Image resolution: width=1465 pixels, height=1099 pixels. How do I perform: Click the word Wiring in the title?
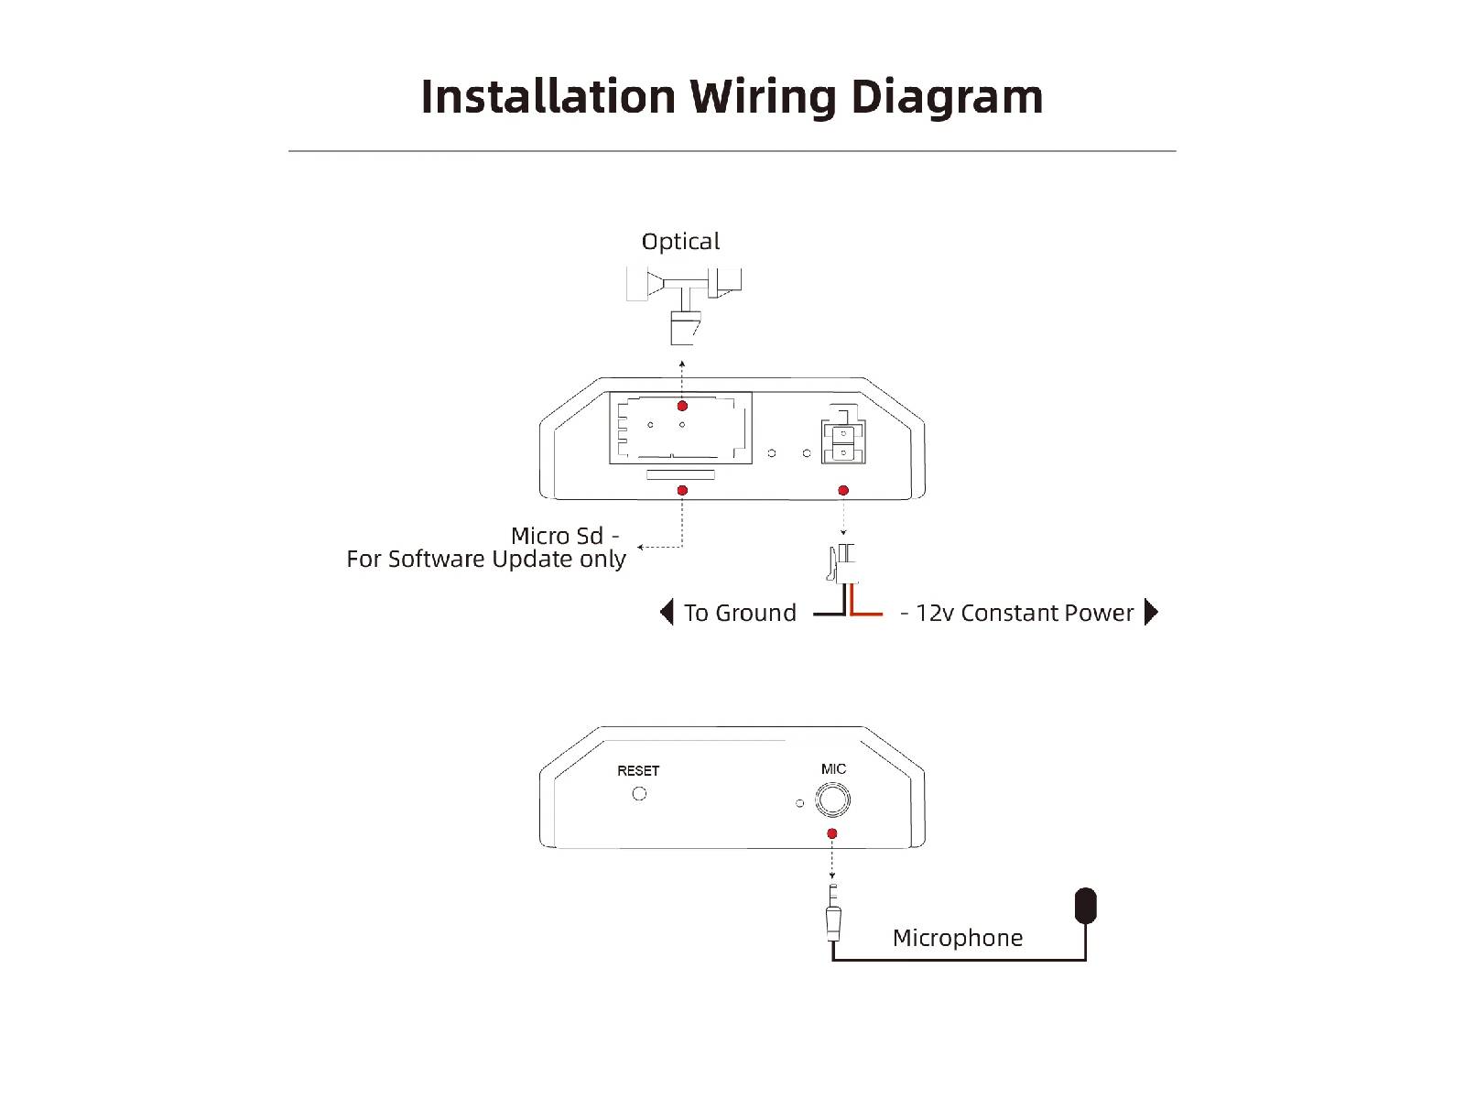tap(763, 98)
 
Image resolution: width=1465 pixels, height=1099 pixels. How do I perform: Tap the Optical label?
tap(680, 242)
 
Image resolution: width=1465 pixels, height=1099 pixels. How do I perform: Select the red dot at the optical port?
tap(682, 406)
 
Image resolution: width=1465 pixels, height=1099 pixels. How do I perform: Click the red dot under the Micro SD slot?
tap(682, 491)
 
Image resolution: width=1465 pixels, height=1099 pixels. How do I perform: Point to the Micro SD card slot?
tap(680, 474)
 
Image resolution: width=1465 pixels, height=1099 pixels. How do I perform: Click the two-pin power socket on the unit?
tap(843, 434)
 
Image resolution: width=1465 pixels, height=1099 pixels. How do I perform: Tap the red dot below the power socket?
tap(843, 491)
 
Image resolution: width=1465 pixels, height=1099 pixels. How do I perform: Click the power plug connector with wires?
tap(841, 563)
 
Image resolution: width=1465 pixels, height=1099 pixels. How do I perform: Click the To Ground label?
tap(740, 613)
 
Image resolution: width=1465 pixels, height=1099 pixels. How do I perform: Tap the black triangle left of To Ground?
tap(666, 612)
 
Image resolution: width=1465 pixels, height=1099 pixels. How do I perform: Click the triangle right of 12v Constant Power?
tap(1151, 612)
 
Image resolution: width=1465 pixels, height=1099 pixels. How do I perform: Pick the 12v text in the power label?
tap(935, 613)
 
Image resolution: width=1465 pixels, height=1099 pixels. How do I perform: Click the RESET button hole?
tap(639, 793)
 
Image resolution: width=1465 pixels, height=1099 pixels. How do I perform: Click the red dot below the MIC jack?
tap(831, 833)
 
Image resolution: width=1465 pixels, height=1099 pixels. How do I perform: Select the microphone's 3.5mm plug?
tap(833, 912)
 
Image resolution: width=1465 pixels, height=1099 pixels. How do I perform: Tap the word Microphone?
tap(958, 938)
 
